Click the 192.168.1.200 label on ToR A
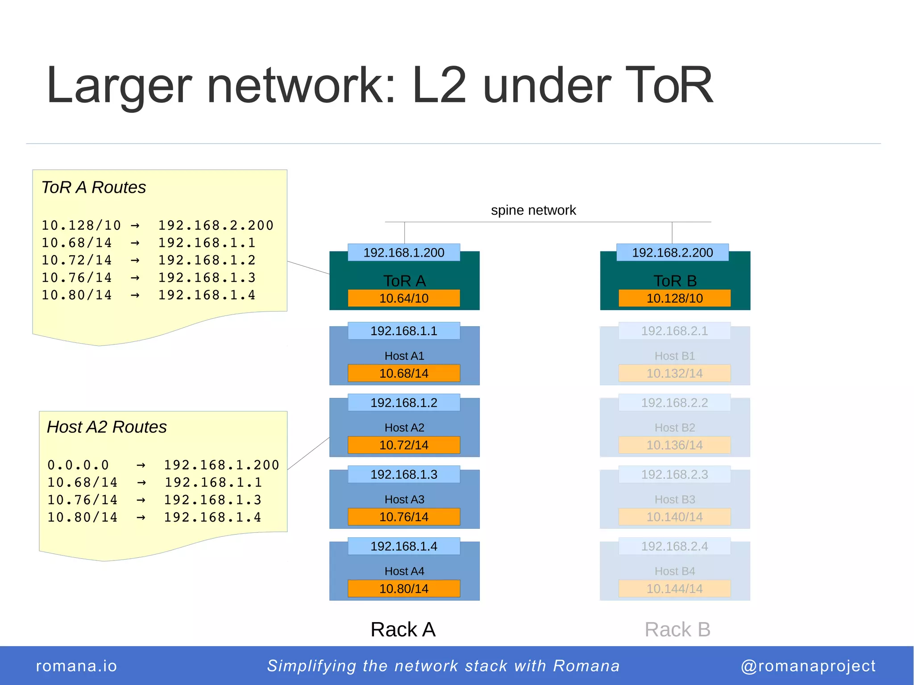(x=404, y=253)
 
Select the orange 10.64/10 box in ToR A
(x=404, y=298)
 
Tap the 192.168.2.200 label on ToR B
(x=673, y=253)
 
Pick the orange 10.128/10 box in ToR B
(x=674, y=298)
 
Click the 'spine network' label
(x=533, y=210)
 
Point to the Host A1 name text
(x=404, y=356)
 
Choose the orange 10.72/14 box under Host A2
(x=404, y=445)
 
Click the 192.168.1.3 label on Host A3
(x=404, y=474)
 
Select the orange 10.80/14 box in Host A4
(x=404, y=589)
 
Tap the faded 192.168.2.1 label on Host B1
(x=674, y=331)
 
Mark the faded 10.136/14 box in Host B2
(x=674, y=445)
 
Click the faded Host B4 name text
(x=675, y=571)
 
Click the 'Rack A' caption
(x=403, y=630)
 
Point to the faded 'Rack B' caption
(x=677, y=630)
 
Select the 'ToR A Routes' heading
(x=94, y=187)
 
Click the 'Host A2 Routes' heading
(x=107, y=427)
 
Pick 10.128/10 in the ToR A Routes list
(x=81, y=225)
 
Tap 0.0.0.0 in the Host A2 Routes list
(x=78, y=465)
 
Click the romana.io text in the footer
(x=76, y=666)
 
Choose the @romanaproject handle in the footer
(x=808, y=666)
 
